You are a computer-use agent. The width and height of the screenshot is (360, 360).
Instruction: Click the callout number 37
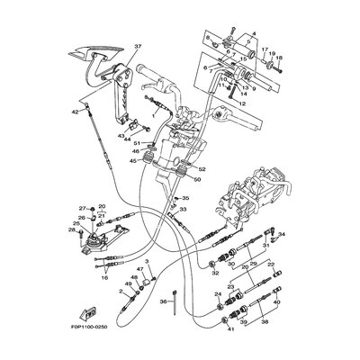[139, 47]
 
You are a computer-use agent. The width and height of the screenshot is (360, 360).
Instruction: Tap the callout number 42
[76, 112]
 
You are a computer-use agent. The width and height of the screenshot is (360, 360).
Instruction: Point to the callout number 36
[162, 302]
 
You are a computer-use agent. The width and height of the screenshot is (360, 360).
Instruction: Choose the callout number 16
[105, 278]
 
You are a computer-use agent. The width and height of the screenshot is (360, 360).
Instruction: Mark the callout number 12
[241, 103]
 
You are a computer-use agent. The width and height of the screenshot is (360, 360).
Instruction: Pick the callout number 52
[200, 168]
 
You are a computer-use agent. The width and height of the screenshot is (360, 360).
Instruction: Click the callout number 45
[133, 162]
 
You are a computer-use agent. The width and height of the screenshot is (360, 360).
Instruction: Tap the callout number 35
[186, 197]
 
